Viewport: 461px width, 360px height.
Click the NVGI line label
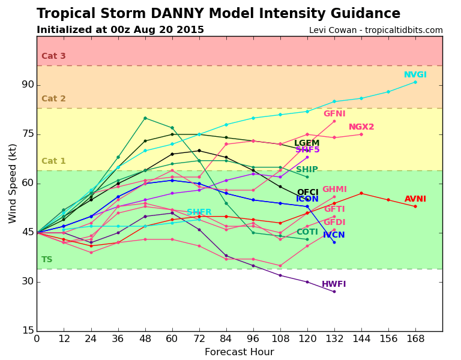point(415,75)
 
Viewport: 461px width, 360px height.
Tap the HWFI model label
point(334,284)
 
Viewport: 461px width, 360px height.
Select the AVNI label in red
point(415,199)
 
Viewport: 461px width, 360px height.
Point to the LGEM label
point(307,143)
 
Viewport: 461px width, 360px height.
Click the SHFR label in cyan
point(199,212)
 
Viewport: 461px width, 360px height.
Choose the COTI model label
point(307,232)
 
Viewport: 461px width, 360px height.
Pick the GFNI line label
point(334,114)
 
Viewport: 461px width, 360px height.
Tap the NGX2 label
point(361,127)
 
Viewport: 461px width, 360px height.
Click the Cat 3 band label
point(53,56)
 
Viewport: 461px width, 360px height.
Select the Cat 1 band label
point(53,161)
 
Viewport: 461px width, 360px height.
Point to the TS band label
point(47,260)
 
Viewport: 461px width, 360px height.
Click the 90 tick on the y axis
point(28,85)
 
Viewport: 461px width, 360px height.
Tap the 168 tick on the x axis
point(415,338)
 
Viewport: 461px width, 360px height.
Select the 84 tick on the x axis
point(226,338)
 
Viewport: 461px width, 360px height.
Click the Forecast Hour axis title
point(239,352)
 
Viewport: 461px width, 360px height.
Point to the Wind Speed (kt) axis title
point(13,183)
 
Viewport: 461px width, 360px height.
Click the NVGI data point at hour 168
point(415,82)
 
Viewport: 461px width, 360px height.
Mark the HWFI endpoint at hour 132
point(334,292)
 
